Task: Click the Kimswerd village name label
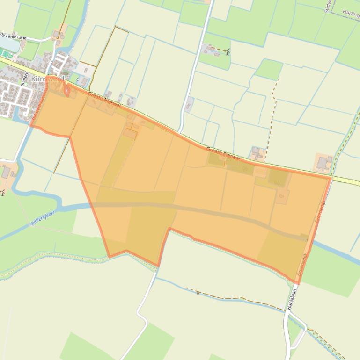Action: pos(47,79)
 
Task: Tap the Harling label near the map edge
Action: pos(351,14)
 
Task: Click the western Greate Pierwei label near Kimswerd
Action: pos(104,100)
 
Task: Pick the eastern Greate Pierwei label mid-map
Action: pos(223,154)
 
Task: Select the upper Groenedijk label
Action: pos(321,210)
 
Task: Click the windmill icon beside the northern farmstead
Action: pos(228,52)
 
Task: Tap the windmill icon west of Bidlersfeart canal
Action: pos(2,192)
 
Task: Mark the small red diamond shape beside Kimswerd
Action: pos(66,90)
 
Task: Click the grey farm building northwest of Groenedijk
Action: pos(323,163)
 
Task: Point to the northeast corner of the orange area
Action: pos(331,177)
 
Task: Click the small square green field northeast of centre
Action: pos(269,69)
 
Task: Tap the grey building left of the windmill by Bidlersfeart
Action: pos(6,173)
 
